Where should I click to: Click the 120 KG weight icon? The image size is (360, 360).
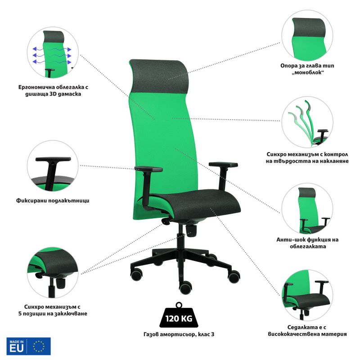pyautogui.click(x=179, y=315)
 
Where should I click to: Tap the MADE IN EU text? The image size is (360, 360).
pyautogui.click(x=17, y=346)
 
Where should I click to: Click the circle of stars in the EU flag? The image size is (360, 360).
pyautogui.click(x=39, y=346)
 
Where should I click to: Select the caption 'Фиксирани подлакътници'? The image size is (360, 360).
pyautogui.click(x=53, y=200)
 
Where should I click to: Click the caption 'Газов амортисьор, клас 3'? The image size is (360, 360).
pyautogui.click(x=179, y=334)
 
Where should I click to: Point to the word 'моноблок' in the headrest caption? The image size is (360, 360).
pyautogui.click(x=307, y=72)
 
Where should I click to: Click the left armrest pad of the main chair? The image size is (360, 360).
pyautogui.click(x=148, y=169)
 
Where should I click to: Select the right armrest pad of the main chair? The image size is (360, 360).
pyautogui.click(x=223, y=164)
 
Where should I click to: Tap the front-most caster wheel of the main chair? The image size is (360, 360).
pyautogui.click(x=185, y=288)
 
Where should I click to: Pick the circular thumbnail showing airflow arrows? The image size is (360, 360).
pyautogui.click(x=53, y=52)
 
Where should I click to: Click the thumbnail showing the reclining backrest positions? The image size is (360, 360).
pyautogui.click(x=307, y=121)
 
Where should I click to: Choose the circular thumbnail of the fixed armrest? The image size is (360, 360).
pyautogui.click(x=53, y=166)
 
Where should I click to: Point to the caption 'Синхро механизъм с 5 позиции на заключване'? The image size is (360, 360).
pyautogui.click(x=53, y=310)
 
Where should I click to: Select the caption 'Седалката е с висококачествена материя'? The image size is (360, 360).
pyautogui.click(x=307, y=331)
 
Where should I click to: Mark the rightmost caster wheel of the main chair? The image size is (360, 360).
pyautogui.click(x=234, y=276)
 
